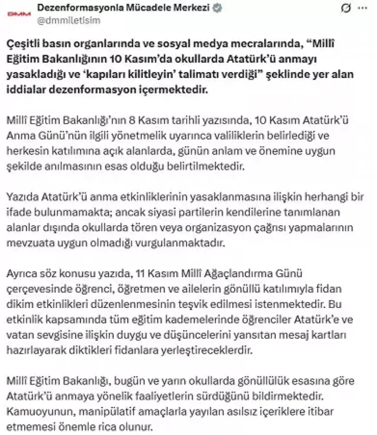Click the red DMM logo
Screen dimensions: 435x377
pyautogui.click(x=19, y=14)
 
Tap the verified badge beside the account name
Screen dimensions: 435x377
pyautogui.click(x=217, y=8)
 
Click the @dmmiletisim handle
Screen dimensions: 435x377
pyautogui.click(x=69, y=20)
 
